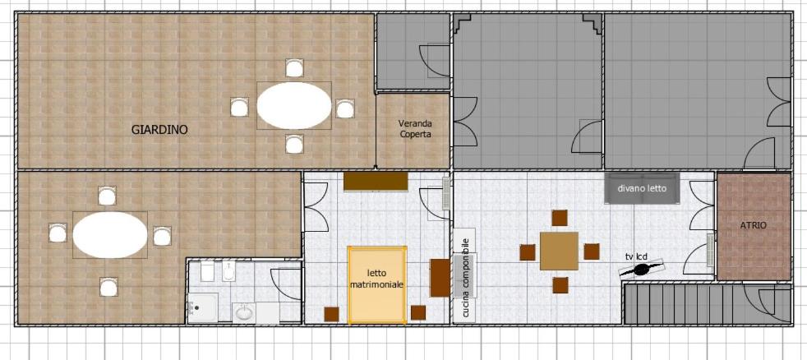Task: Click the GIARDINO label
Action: click(159, 130)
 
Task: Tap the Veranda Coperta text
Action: click(414, 129)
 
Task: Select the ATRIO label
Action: click(754, 225)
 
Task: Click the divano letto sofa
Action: click(642, 188)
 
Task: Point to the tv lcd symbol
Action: click(641, 269)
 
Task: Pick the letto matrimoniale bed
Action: click(376, 285)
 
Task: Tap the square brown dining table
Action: click(559, 251)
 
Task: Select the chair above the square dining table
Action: click(560, 218)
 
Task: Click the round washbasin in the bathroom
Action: click(244, 312)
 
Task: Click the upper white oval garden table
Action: click(294, 105)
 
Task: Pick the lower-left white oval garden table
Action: click(110, 235)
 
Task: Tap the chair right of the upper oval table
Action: click(345, 108)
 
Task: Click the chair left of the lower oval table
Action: click(58, 233)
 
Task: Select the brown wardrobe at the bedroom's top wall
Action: click(376, 182)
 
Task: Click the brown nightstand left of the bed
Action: click(331, 314)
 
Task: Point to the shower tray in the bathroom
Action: click(202, 307)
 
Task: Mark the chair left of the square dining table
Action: click(528, 252)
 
